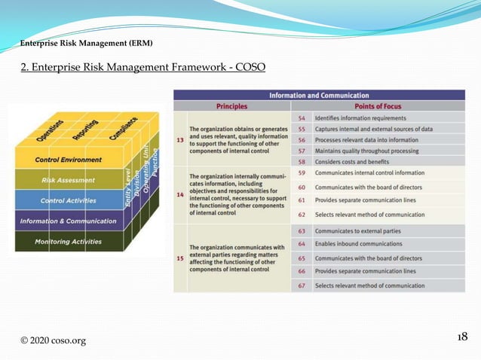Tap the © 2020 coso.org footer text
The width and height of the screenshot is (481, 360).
(x=53, y=340)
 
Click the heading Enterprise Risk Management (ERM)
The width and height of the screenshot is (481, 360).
(x=86, y=43)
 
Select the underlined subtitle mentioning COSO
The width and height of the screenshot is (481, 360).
(x=142, y=69)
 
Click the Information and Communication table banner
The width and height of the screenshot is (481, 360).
(x=319, y=95)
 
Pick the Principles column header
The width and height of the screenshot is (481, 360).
(x=231, y=106)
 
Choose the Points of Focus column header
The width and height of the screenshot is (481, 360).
(x=378, y=106)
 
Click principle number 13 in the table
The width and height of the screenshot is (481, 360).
(x=179, y=139)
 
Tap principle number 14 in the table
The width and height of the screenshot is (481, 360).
(x=179, y=194)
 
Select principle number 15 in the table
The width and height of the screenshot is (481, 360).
(x=179, y=258)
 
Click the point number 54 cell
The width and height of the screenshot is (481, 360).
(x=301, y=118)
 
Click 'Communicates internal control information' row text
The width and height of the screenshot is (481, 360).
(x=369, y=173)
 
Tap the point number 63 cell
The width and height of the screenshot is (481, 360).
(x=301, y=231)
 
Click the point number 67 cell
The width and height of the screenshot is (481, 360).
(x=301, y=285)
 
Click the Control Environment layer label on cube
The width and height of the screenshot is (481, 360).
(x=68, y=160)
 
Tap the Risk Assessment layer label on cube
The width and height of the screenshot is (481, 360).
(x=68, y=181)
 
